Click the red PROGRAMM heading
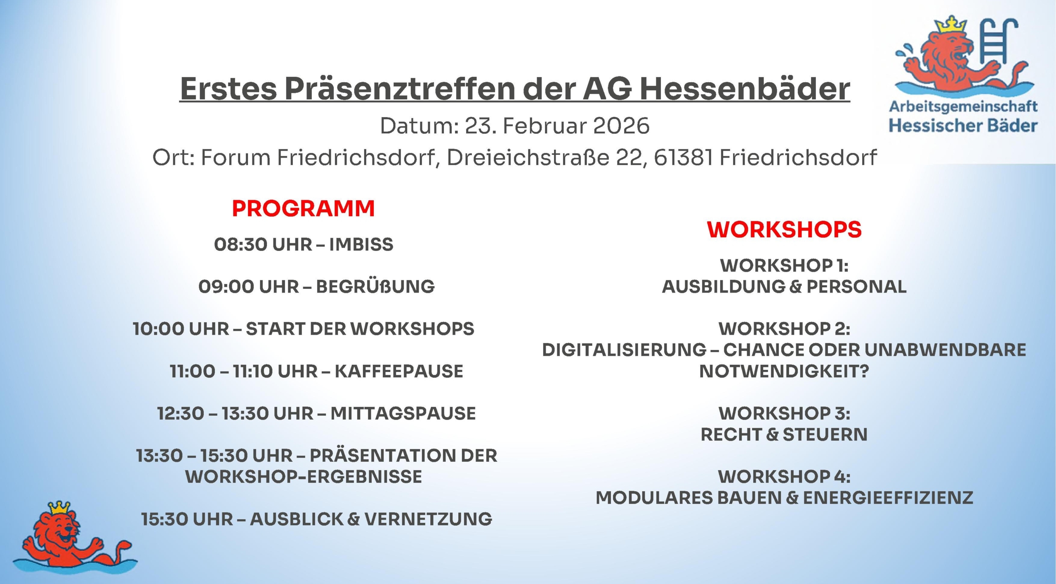point(303,208)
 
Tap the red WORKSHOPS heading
point(784,229)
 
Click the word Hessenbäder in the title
point(745,89)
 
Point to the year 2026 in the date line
point(621,125)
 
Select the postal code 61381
point(684,158)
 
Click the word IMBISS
point(361,244)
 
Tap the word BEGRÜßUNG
point(375,286)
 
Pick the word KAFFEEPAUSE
point(399,371)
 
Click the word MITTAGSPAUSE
point(403,414)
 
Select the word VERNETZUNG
point(429,519)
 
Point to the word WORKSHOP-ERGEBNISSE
point(304,477)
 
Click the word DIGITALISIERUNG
point(624,350)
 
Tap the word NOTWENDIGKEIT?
point(784,371)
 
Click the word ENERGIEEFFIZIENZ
point(888,498)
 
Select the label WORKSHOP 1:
point(784,265)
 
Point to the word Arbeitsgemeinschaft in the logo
point(963,107)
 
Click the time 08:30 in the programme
point(240,244)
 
